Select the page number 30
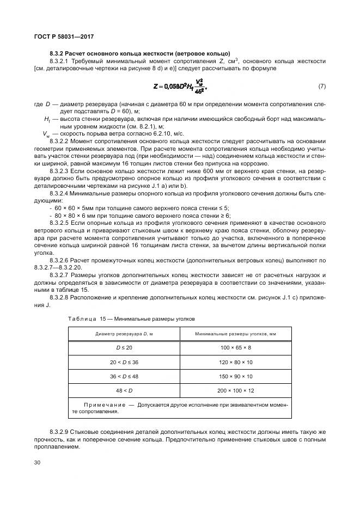[38, 463]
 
